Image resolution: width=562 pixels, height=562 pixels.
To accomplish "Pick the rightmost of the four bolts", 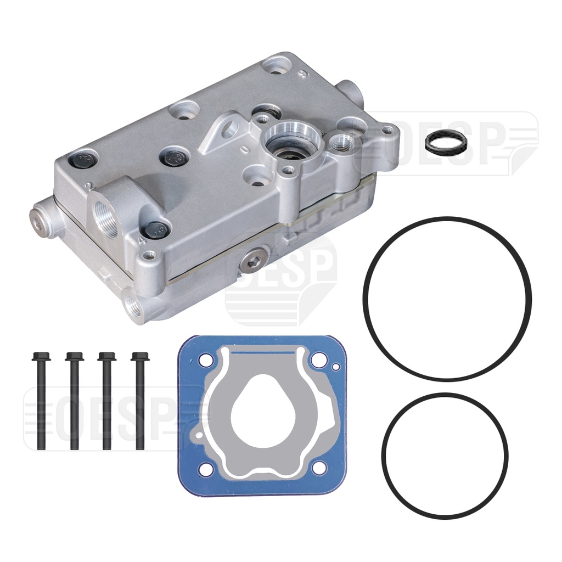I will (140, 401).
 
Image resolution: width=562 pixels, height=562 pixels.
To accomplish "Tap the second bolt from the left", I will (74, 401).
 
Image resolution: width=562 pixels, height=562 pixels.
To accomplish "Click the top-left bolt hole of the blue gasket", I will (206, 361).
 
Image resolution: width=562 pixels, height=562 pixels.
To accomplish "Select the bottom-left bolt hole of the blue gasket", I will (206, 468).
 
